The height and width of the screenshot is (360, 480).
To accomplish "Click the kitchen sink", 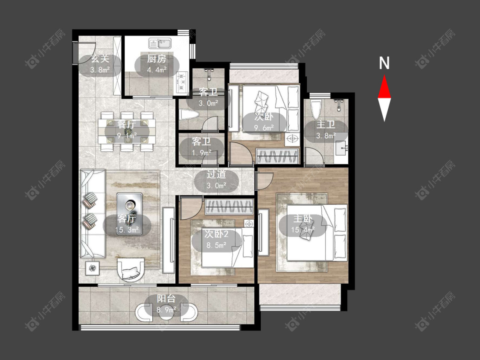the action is click(x=160, y=44).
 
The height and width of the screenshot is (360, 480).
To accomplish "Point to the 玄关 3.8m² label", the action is click(x=100, y=64).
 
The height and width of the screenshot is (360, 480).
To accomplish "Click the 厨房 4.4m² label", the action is click(x=157, y=64).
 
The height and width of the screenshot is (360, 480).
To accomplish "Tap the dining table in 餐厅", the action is click(x=127, y=131).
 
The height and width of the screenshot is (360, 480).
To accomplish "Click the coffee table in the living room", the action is click(x=129, y=213).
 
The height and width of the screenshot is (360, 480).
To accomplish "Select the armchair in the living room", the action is click(x=131, y=270).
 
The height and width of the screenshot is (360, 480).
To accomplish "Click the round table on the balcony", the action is click(x=166, y=313).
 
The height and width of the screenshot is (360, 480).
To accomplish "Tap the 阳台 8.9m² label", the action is click(x=166, y=304).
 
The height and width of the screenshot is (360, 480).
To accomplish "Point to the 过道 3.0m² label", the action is click(x=216, y=180).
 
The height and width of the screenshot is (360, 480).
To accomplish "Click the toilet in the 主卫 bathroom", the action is click(x=316, y=108).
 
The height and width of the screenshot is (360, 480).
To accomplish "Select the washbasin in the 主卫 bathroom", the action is click(x=341, y=149).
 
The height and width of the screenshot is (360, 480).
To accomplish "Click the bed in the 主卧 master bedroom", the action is click(x=317, y=232).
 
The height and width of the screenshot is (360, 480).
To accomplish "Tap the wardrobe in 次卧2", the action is click(x=229, y=206).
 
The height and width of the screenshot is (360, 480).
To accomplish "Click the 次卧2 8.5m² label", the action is click(x=216, y=240).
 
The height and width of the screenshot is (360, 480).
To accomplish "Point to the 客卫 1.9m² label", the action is click(x=201, y=147).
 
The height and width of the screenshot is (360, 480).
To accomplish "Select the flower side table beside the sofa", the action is click(x=93, y=268).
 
